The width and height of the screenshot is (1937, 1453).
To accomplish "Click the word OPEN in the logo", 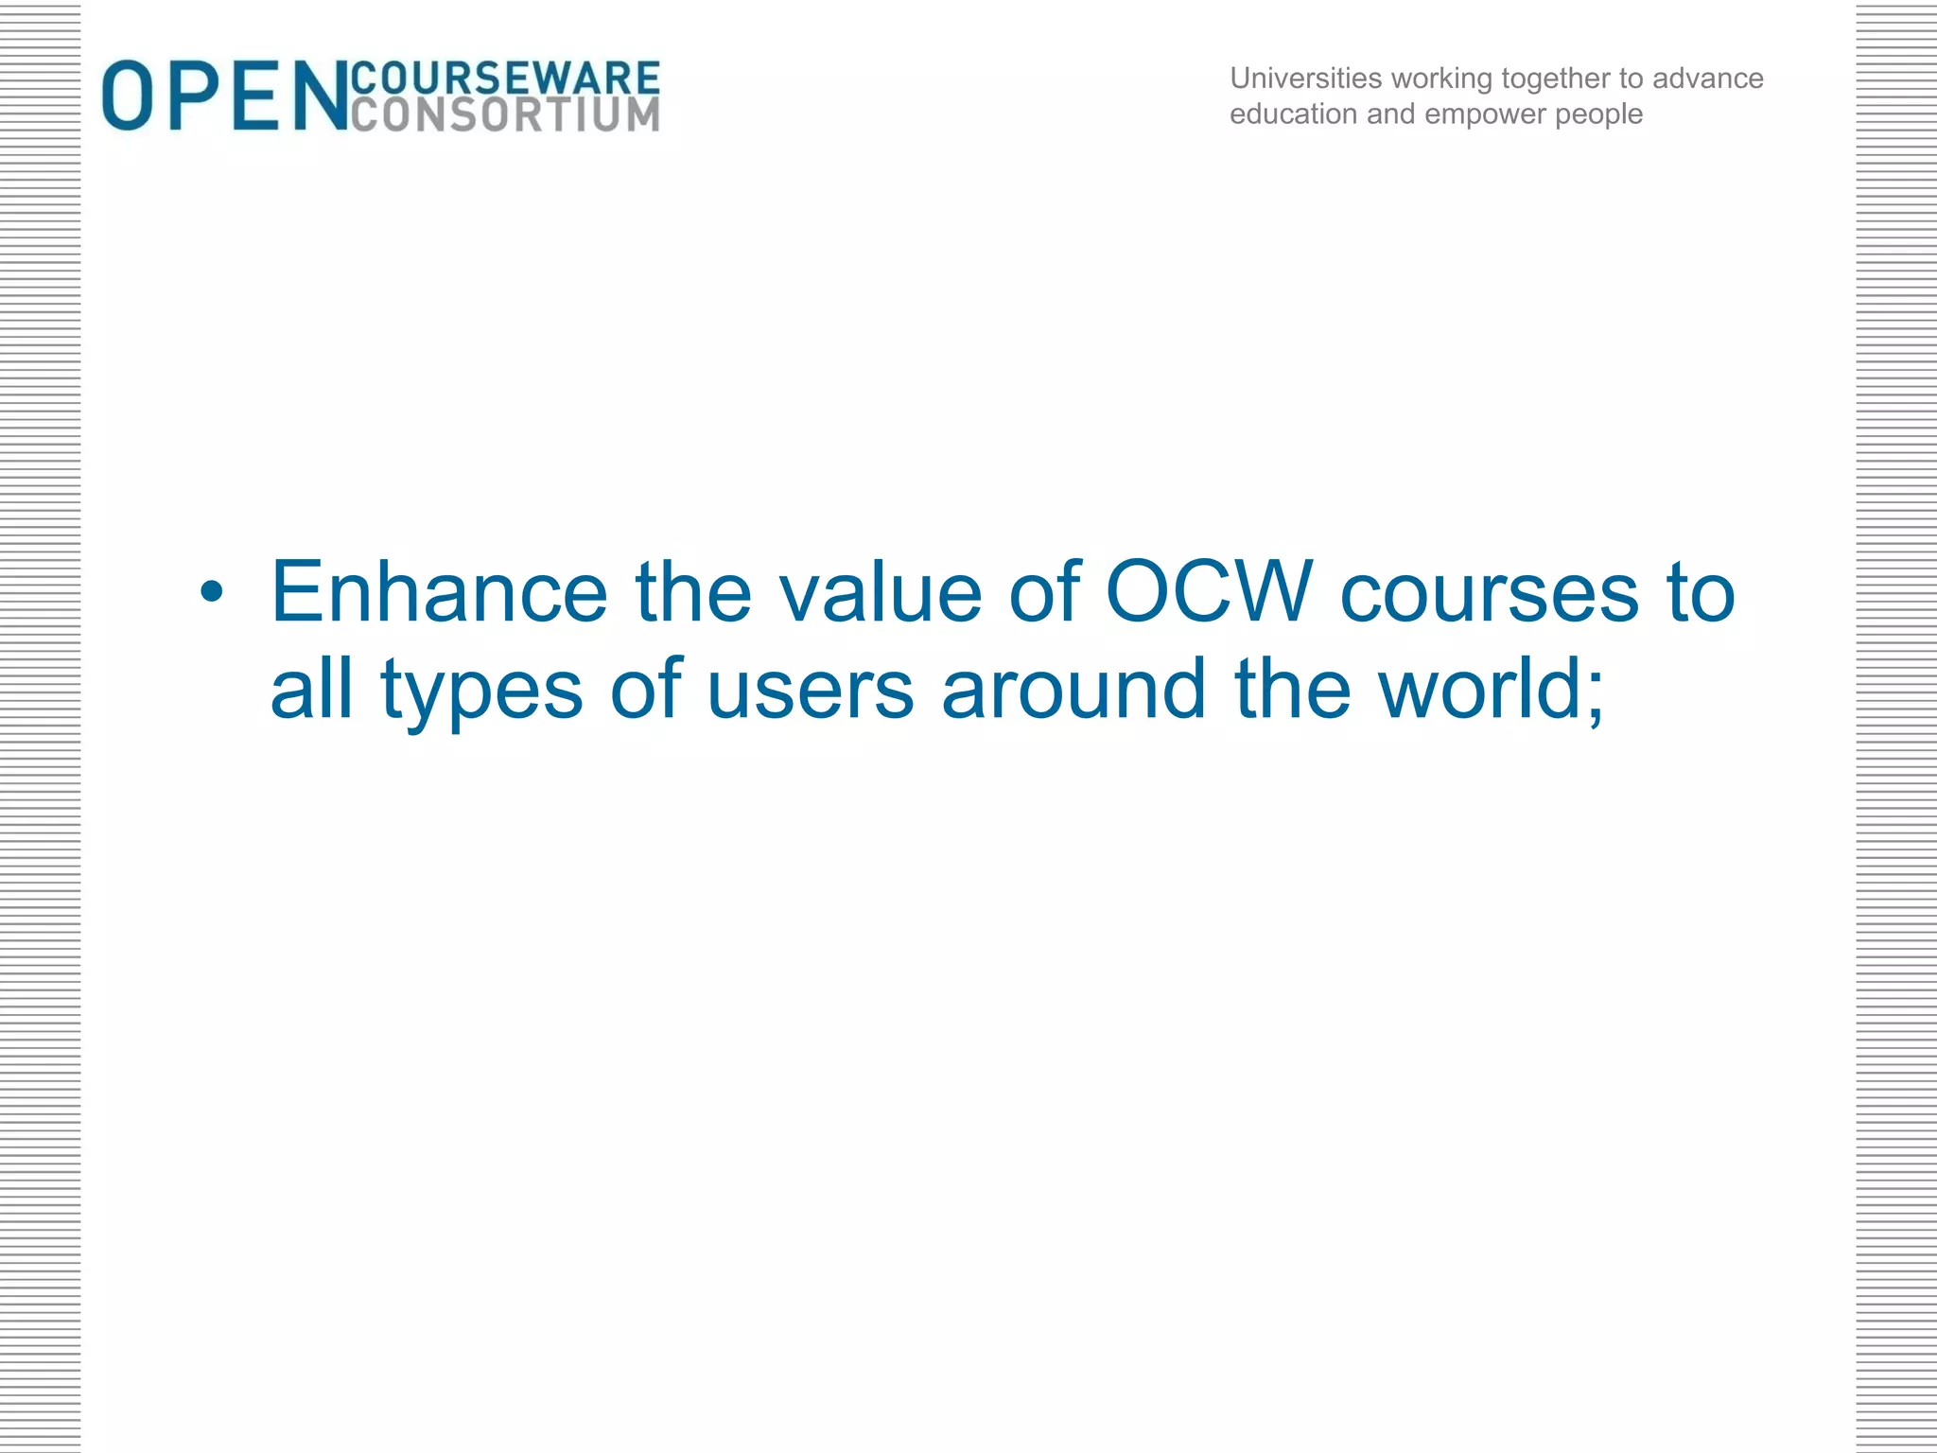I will [x=225, y=96].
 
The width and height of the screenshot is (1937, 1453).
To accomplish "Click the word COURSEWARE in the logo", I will [x=505, y=78].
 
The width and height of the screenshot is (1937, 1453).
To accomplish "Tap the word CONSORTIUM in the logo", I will [x=505, y=115].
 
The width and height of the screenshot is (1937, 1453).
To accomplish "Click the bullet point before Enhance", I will [x=212, y=593].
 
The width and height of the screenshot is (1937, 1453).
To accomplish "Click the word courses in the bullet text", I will [x=1490, y=594].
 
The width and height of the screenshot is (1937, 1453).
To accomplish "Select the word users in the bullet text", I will [x=811, y=691].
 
